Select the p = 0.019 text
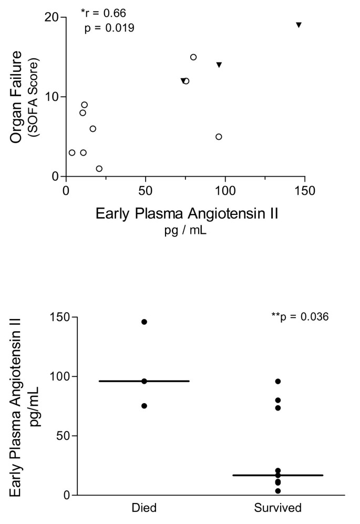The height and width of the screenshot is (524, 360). pyautogui.click(x=109, y=27)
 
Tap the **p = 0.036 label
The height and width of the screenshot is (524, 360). pyautogui.click(x=299, y=317)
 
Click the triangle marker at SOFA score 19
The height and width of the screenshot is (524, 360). pyautogui.click(x=299, y=25)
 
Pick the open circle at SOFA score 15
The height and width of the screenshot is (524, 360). pyautogui.click(x=193, y=57)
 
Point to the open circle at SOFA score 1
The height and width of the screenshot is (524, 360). pyautogui.click(x=99, y=169)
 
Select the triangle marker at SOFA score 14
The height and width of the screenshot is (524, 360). pyautogui.click(x=219, y=65)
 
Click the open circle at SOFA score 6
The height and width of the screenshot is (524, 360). pyautogui.click(x=93, y=129)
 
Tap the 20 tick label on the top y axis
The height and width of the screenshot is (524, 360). pyautogui.click(x=52, y=17)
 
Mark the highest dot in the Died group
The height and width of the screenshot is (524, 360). pyautogui.click(x=145, y=322)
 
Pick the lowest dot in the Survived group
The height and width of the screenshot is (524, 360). pyautogui.click(x=278, y=491)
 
